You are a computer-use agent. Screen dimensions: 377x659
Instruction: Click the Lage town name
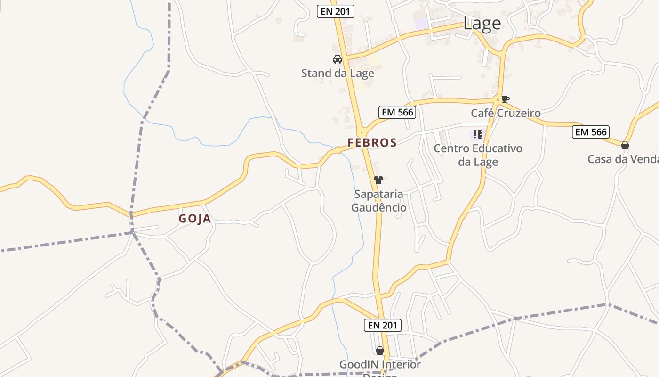coord(482,23)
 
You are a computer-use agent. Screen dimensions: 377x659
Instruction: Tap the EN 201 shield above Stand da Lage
coord(336,11)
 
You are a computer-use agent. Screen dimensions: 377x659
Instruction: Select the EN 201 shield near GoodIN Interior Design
coord(383,325)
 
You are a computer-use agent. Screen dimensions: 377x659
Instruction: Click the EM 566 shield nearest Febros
coord(397,112)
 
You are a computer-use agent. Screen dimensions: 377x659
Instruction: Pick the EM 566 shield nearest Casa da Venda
coord(591,132)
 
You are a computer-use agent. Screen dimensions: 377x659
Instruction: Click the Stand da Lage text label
coord(338,73)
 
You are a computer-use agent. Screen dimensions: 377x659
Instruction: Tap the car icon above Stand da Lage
coord(337,59)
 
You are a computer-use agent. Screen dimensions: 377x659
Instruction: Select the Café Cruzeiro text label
coord(506,113)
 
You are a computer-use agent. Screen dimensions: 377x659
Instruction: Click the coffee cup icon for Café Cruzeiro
coord(505,99)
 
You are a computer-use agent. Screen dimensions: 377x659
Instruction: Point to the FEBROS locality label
coord(372,142)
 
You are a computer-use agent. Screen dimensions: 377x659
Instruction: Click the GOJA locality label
coord(195,219)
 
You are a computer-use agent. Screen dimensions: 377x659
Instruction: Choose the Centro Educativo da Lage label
coord(478,155)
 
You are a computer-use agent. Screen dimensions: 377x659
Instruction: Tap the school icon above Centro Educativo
coord(478,134)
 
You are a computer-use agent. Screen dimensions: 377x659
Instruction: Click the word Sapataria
coord(378,194)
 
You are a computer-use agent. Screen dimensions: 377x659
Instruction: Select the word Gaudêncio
coord(378,207)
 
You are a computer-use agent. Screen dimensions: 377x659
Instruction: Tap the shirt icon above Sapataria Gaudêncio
coord(378,180)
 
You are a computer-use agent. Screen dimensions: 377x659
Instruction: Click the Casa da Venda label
coord(623,159)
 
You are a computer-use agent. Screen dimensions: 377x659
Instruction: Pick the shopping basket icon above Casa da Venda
coord(625,145)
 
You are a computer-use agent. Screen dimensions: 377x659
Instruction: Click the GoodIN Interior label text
coord(380,364)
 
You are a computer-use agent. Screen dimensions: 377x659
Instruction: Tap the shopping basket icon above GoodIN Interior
coord(380,351)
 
